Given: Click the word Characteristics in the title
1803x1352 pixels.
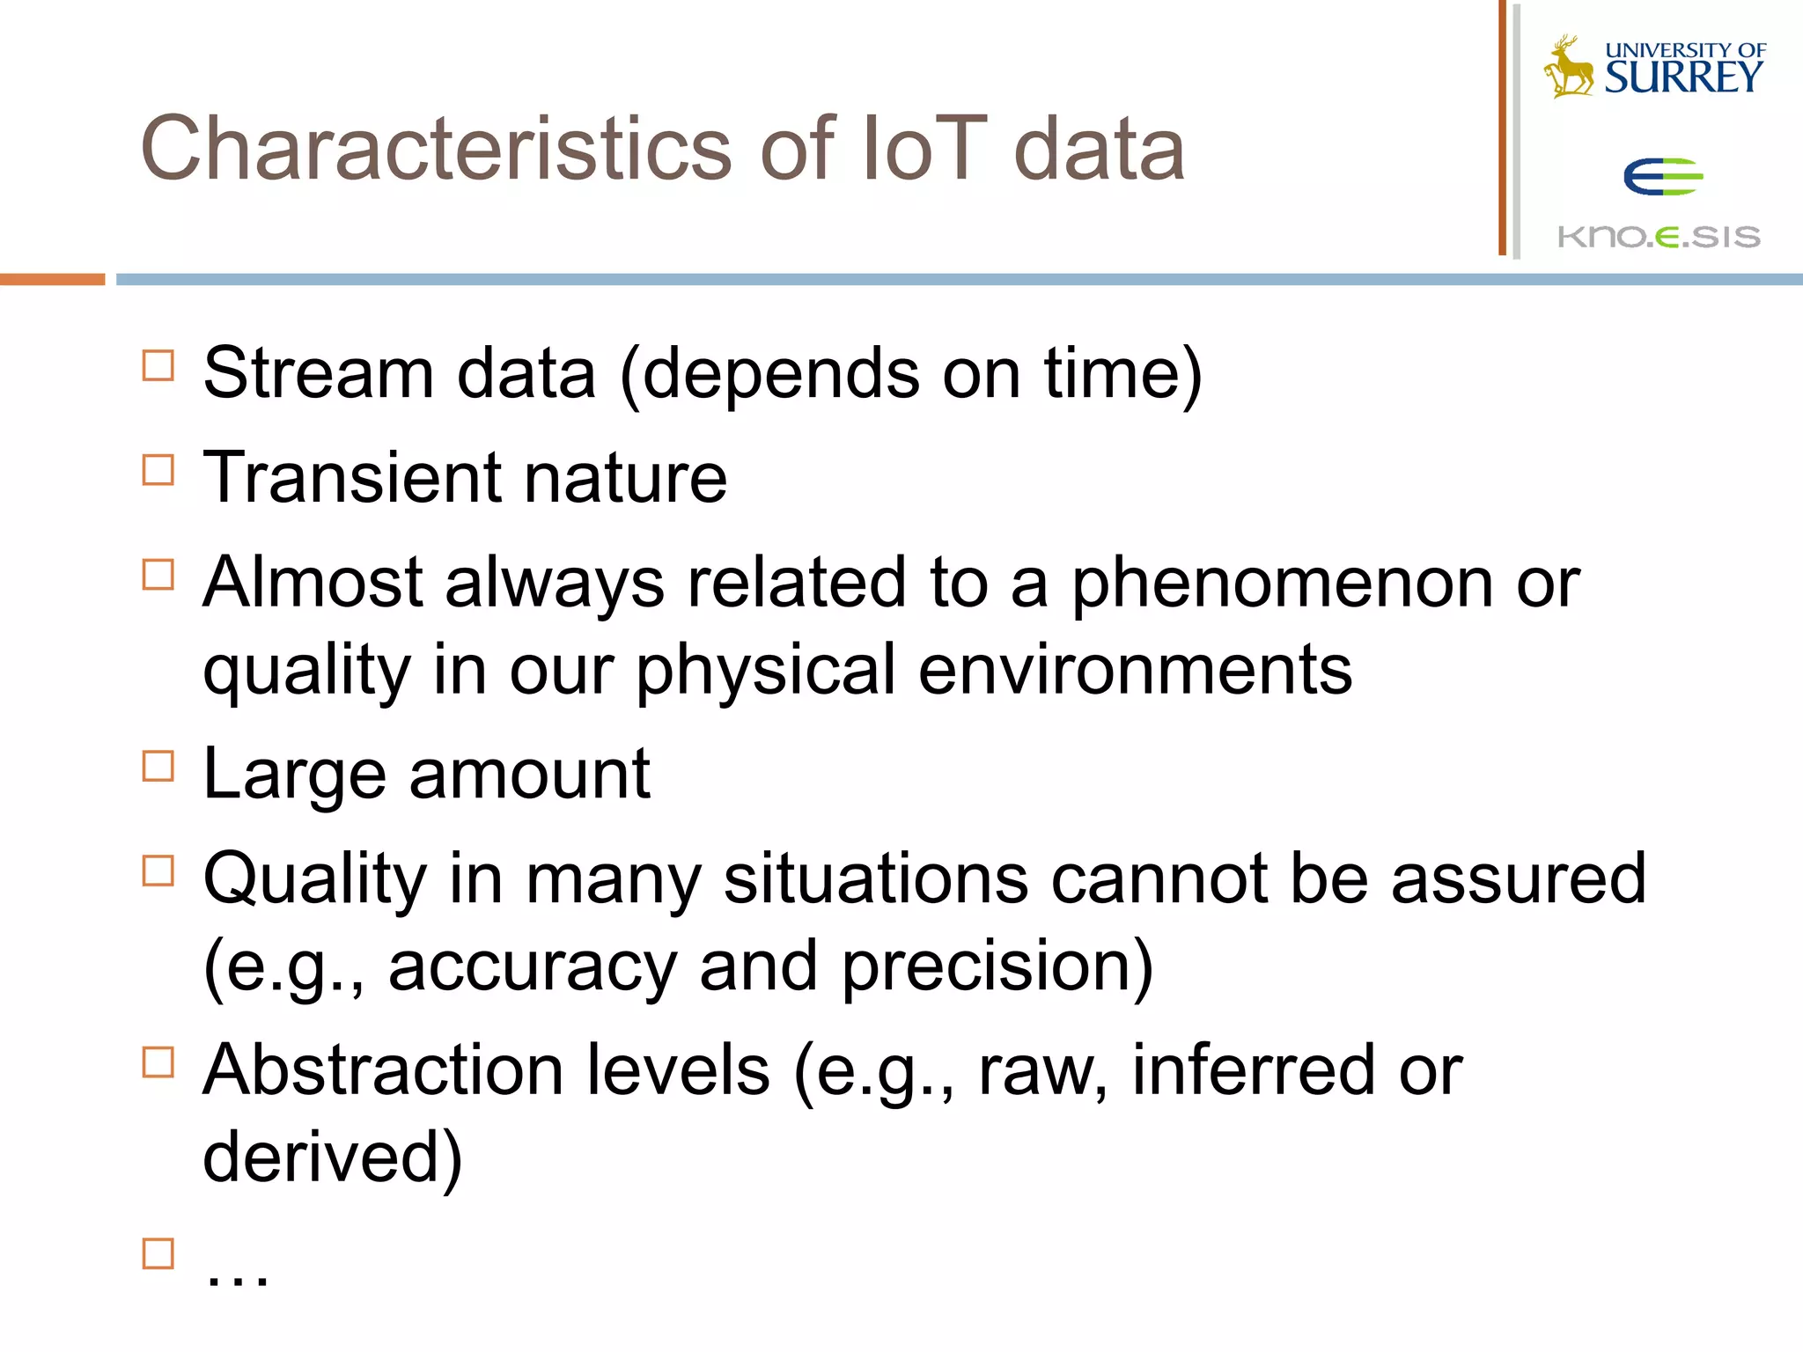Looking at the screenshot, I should (x=436, y=150).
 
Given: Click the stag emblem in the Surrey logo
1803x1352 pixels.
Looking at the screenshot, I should (x=1568, y=67).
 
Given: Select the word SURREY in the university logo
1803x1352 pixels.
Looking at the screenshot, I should (x=1683, y=78).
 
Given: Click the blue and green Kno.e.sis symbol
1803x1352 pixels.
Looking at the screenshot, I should (x=1662, y=177).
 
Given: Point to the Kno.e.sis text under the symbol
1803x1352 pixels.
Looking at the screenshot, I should (x=1659, y=237).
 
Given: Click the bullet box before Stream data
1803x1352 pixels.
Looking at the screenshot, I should (x=158, y=364).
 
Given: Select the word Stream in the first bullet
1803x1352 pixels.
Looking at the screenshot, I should (x=318, y=374).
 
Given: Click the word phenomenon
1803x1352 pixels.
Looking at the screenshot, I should (x=1282, y=584).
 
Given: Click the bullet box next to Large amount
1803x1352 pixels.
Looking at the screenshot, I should (x=158, y=766).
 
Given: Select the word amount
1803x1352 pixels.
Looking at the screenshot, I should (x=529, y=775).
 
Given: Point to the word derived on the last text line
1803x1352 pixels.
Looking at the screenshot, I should (x=320, y=1157).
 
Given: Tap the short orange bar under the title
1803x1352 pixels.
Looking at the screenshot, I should (x=52, y=279).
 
